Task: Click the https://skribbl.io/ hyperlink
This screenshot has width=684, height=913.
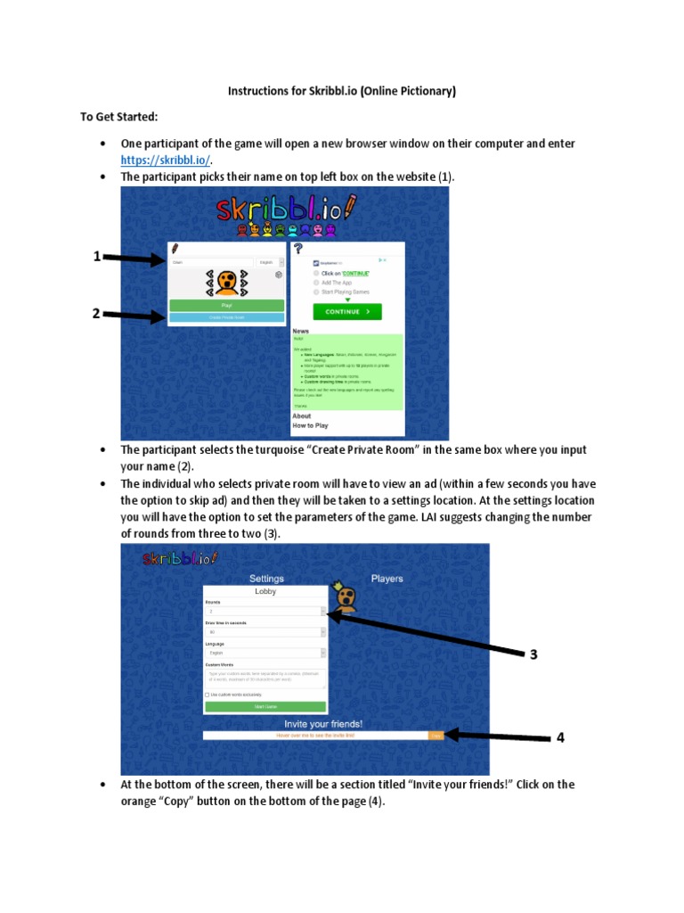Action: pyautogui.click(x=166, y=160)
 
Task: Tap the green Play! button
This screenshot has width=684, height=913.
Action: pyautogui.click(x=226, y=305)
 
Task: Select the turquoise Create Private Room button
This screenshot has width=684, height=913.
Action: pyautogui.click(x=226, y=317)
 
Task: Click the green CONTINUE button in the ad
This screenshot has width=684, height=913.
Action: pyautogui.click(x=346, y=312)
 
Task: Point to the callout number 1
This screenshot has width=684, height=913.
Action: pyautogui.click(x=97, y=257)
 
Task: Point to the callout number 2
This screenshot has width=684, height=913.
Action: pyautogui.click(x=97, y=313)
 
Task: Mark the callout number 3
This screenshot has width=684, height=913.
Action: pyautogui.click(x=533, y=654)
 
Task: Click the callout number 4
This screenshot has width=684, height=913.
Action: pyautogui.click(x=561, y=737)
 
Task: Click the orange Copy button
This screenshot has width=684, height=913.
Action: pyautogui.click(x=436, y=736)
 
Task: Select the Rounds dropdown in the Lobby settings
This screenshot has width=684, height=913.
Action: pyautogui.click(x=265, y=612)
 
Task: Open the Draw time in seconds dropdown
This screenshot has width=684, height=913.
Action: pyautogui.click(x=265, y=632)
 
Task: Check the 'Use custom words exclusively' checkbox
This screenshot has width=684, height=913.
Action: pyautogui.click(x=208, y=695)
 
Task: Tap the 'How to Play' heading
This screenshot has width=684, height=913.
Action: pyautogui.click(x=311, y=426)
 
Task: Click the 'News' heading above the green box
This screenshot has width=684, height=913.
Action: pyautogui.click(x=301, y=331)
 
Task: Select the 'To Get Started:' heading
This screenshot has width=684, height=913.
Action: pyautogui.click(x=118, y=117)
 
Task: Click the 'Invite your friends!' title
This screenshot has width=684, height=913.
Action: pyautogui.click(x=323, y=724)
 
